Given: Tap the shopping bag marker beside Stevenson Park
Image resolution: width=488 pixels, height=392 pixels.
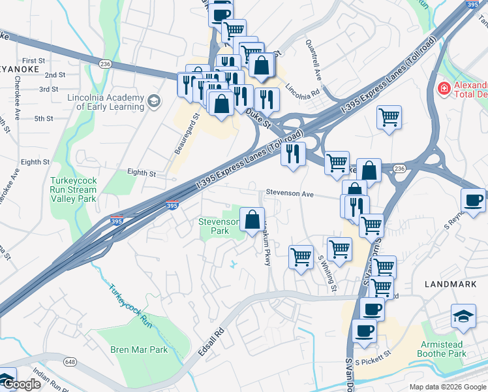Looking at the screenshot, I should (x=252, y=220).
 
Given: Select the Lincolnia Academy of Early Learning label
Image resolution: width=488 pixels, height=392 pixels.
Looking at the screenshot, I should (x=106, y=102).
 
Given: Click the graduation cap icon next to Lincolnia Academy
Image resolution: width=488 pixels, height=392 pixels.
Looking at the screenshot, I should (x=153, y=101).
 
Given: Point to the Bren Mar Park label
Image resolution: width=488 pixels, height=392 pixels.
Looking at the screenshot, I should (x=139, y=350).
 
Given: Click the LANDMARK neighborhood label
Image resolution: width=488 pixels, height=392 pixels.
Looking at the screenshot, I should (x=450, y=284).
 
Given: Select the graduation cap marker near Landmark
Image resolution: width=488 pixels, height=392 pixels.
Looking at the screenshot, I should (x=463, y=316).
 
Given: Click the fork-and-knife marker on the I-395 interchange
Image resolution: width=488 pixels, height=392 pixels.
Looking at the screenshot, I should (x=293, y=154).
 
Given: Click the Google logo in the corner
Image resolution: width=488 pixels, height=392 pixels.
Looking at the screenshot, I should (x=21, y=384).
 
